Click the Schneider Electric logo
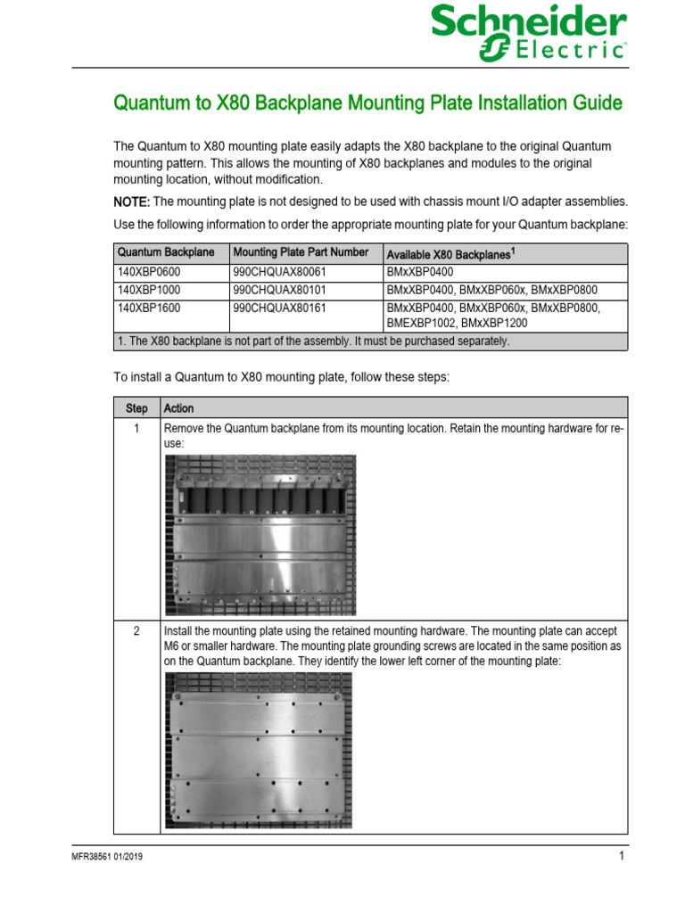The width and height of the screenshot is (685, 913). pyautogui.click(x=528, y=33)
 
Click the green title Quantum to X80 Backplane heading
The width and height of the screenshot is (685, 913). pyautogui.click(x=367, y=103)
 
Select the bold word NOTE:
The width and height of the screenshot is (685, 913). pyautogui.click(x=131, y=202)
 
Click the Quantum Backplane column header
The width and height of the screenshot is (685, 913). pyautogui.click(x=166, y=252)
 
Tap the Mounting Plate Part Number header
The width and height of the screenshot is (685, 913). pyautogui.click(x=300, y=252)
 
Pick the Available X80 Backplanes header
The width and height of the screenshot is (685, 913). pyautogui.click(x=450, y=254)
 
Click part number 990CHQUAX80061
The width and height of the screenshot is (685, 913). pyautogui.click(x=279, y=272)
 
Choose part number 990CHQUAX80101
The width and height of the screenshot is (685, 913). pyautogui.click(x=279, y=290)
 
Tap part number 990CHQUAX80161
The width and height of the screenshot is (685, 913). pyautogui.click(x=279, y=308)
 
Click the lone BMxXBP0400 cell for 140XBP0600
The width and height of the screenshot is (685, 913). pyautogui.click(x=420, y=272)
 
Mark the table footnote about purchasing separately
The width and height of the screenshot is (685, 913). pyautogui.click(x=313, y=341)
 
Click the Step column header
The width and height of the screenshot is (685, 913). pyautogui.click(x=136, y=408)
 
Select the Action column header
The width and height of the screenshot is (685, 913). pyautogui.click(x=178, y=408)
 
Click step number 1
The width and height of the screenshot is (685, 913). pyautogui.click(x=136, y=429)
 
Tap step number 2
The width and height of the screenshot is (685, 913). pyautogui.click(x=136, y=631)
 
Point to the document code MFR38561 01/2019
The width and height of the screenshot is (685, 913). pyautogui.click(x=107, y=858)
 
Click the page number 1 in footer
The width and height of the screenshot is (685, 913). pyautogui.click(x=621, y=857)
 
